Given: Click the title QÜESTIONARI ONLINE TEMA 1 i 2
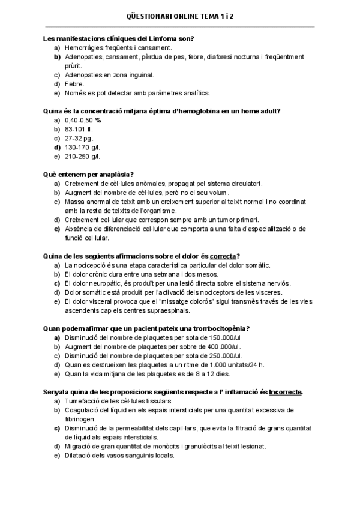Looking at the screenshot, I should [179, 17].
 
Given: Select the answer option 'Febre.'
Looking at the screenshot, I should [74, 84].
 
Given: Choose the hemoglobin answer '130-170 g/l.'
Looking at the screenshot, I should [83, 147].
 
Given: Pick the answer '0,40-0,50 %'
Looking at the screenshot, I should [83, 120].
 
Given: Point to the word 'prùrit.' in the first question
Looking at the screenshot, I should [74, 66].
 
